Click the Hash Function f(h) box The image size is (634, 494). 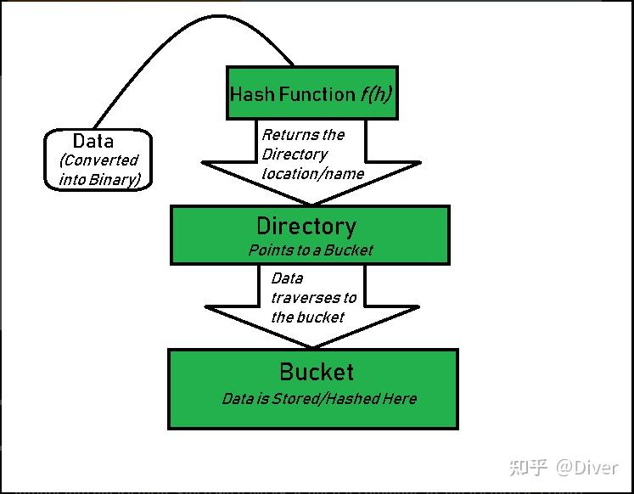click(311, 93)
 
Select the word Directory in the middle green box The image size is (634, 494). click(306, 227)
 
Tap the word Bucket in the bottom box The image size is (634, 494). click(316, 373)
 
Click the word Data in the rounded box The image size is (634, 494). click(93, 141)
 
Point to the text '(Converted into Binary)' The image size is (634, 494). click(98, 170)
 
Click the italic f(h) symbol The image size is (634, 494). click(374, 94)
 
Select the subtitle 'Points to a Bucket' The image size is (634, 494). click(310, 250)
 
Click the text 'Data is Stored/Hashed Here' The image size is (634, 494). click(319, 398)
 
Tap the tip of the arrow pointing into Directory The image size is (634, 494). click(311, 203)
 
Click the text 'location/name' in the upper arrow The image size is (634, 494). click(312, 174)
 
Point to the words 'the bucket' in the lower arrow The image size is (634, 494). click(307, 317)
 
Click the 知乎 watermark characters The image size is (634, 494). click(527, 467)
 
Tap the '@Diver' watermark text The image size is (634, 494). click(587, 467)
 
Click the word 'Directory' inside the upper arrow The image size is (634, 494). click(294, 154)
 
